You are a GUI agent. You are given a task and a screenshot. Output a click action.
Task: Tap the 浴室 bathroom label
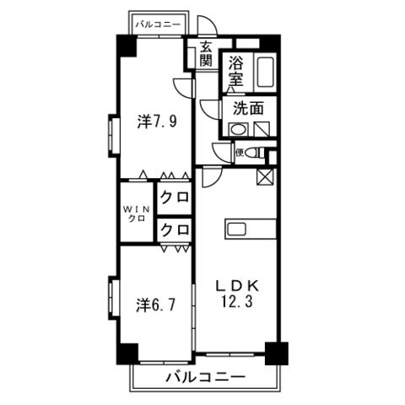click(235, 71)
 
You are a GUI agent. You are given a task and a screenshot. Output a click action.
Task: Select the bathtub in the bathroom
click(266, 73)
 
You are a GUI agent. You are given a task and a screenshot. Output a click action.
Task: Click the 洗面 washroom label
click(248, 109)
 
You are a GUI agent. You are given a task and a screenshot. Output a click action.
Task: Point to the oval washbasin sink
click(238, 130)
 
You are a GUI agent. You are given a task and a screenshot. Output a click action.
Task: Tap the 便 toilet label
click(240, 153)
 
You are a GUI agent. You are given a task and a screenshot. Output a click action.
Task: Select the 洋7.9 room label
click(157, 122)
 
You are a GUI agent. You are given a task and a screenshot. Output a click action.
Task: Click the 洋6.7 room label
click(156, 305)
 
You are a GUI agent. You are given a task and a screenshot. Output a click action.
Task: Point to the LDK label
click(237, 286)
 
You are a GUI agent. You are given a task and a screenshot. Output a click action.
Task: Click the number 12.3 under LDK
click(237, 301)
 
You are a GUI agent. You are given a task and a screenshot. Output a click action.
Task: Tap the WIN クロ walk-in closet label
click(137, 213)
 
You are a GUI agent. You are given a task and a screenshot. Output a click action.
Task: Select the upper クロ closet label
click(175, 197)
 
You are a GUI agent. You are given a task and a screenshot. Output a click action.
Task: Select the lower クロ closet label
click(175, 229)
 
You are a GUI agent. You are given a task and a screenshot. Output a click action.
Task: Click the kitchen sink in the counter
click(237, 229)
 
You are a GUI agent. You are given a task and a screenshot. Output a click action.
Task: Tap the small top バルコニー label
click(158, 24)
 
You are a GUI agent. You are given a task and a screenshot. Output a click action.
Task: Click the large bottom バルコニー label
click(206, 376)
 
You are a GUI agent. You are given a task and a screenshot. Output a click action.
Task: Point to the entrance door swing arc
click(209, 22)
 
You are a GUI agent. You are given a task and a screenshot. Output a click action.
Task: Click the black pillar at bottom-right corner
click(277, 354)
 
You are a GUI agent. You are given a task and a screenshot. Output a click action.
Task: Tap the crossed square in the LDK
click(265, 177)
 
